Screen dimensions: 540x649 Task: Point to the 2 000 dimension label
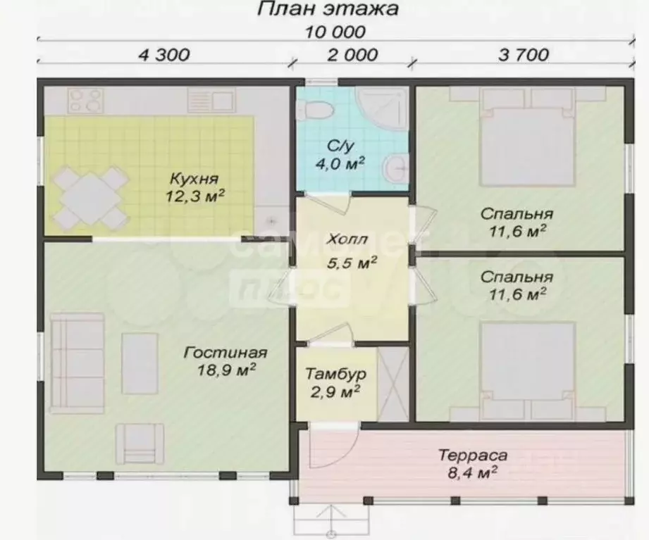pyautogui.click(x=353, y=55)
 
